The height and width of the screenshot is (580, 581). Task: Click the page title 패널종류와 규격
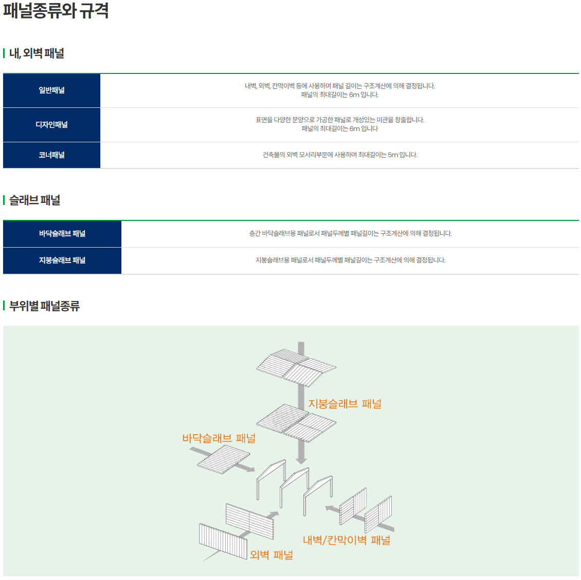click(56, 10)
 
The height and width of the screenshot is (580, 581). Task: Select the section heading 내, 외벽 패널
click(37, 53)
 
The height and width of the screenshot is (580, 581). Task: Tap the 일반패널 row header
click(51, 90)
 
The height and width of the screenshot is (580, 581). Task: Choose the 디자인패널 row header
click(51, 125)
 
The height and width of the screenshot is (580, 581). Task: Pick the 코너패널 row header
click(51, 155)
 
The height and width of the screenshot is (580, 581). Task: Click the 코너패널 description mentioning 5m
click(340, 155)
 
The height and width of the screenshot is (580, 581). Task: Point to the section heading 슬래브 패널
click(35, 200)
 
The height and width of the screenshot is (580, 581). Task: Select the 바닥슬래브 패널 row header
click(62, 234)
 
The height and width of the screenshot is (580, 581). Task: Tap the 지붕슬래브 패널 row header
click(62, 260)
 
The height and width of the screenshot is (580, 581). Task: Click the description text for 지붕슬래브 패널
click(351, 260)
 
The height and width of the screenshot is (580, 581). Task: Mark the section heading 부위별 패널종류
click(44, 306)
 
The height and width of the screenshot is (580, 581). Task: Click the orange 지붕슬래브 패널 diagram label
click(345, 404)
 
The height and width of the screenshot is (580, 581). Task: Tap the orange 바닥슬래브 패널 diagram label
click(219, 438)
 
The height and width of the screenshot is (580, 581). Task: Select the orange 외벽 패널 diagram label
click(271, 555)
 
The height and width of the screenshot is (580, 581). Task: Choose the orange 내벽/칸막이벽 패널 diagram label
click(347, 540)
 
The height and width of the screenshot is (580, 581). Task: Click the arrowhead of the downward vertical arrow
click(301, 460)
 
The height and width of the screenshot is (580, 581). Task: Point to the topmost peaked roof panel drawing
click(297, 367)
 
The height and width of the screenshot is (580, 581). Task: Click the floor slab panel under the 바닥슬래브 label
click(224, 459)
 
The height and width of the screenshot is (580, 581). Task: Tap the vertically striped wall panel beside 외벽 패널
click(223, 541)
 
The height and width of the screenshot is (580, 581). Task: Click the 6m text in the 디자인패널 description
click(354, 129)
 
